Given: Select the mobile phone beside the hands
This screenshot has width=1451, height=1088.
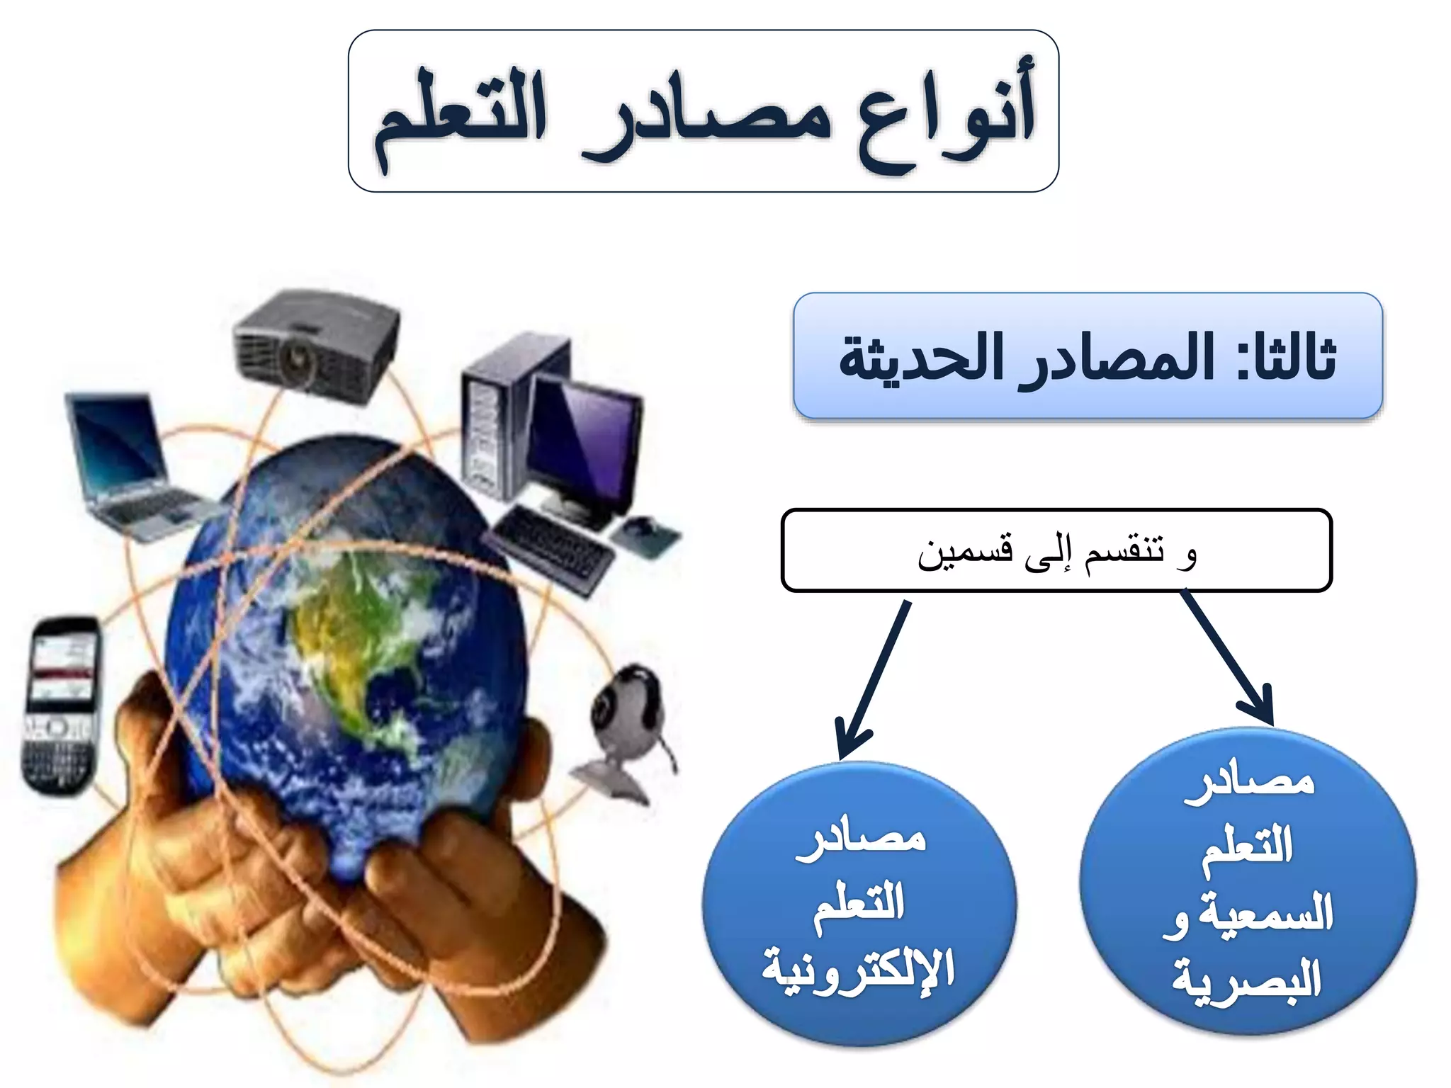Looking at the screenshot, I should tap(60, 705).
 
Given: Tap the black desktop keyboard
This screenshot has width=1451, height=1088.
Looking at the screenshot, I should tap(549, 549).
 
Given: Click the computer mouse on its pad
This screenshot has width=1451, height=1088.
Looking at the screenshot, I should tap(641, 528).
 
